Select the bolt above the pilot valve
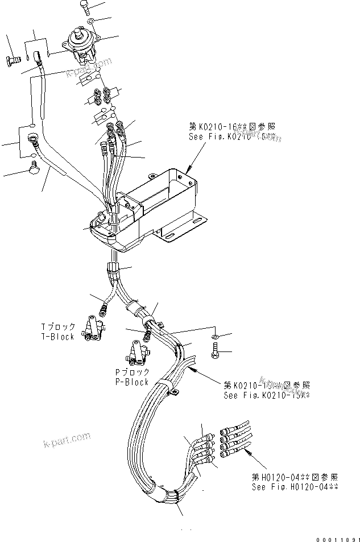pos(84,9)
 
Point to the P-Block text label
pos(131,382)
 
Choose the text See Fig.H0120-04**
pos(295,487)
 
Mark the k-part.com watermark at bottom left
pos(68,440)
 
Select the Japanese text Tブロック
pos(58,326)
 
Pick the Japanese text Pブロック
pos(131,372)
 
